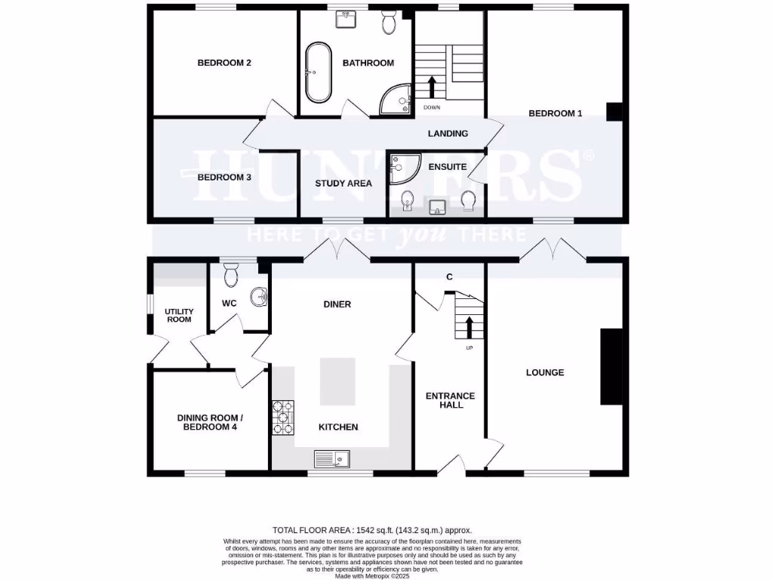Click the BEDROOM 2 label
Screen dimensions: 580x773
tap(224, 63)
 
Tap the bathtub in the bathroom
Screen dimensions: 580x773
tap(318, 73)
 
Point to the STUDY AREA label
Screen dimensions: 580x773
tap(343, 184)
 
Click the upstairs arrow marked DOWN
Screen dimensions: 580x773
tap(432, 87)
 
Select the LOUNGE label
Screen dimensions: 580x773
tap(545, 372)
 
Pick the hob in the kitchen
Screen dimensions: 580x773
tap(283, 418)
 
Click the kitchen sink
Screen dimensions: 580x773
tap(332, 458)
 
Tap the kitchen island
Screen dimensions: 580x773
tap(337, 382)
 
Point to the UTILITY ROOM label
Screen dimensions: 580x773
tap(180, 315)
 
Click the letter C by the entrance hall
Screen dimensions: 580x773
tap(449, 277)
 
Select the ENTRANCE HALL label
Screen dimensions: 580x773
tap(450, 400)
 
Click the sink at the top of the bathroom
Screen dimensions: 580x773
tap(348, 18)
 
